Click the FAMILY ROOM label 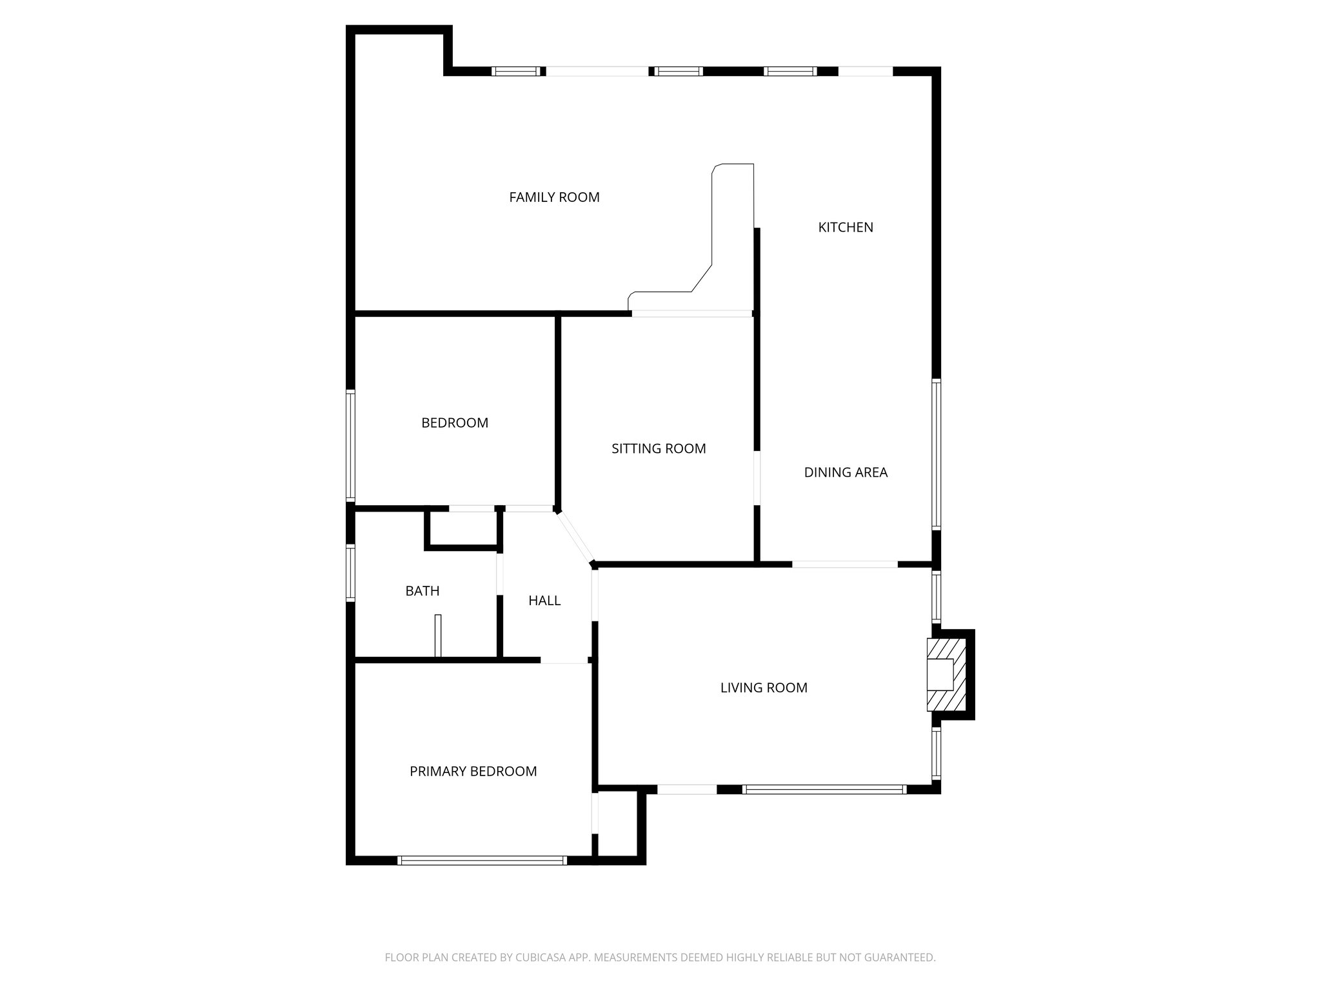point(554,197)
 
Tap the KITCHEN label point(845,227)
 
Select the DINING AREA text point(845,472)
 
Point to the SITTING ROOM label point(659,448)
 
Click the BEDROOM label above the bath point(454,423)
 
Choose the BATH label point(422,591)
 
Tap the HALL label point(544,601)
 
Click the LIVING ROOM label point(763,688)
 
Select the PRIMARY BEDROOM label point(473,772)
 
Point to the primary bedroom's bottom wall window point(482,860)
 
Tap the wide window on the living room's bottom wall point(824,789)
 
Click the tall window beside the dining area point(936,455)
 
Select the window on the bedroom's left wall point(351,445)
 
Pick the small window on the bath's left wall point(351,574)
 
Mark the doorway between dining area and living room point(844,565)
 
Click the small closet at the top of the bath point(463,529)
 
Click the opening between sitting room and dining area point(757,477)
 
